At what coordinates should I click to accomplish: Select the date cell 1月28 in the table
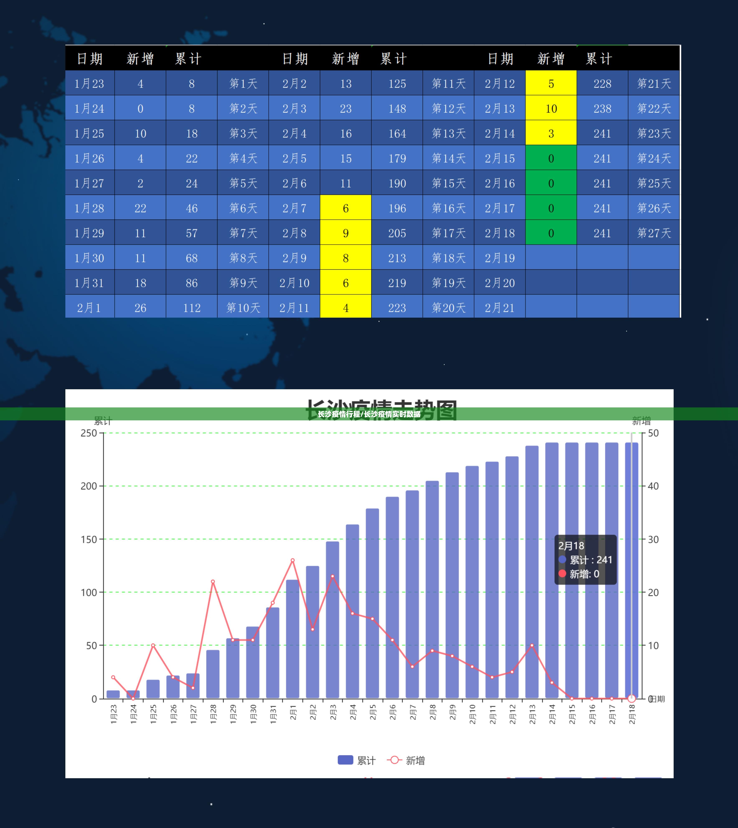(x=89, y=208)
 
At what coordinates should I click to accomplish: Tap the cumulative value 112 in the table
(x=191, y=308)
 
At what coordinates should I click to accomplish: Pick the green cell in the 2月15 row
(x=551, y=158)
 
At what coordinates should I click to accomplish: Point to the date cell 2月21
(x=500, y=308)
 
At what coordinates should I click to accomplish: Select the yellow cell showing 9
(x=345, y=233)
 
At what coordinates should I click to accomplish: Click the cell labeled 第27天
(x=654, y=233)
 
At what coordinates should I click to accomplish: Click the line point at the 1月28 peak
(x=213, y=581)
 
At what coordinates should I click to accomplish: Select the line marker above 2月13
(x=532, y=645)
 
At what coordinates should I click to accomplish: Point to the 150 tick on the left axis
(x=88, y=539)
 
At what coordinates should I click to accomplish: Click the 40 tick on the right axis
(x=653, y=486)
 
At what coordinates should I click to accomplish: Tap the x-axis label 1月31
(x=273, y=714)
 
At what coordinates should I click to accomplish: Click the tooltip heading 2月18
(x=571, y=546)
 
